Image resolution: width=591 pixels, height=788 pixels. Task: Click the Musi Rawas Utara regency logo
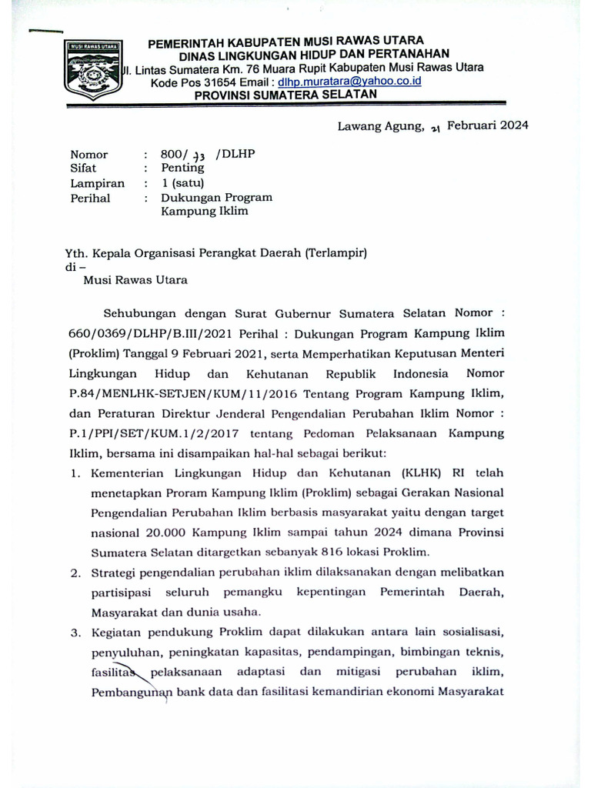[x=92, y=70]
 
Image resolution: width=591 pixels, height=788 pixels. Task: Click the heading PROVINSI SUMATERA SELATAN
[x=285, y=95]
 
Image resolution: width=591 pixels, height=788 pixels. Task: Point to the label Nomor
[x=89, y=154]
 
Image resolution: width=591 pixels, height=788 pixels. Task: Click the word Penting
[x=182, y=167]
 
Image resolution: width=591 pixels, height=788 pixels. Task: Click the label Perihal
[x=90, y=198]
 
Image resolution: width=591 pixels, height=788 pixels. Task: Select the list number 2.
[x=75, y=573]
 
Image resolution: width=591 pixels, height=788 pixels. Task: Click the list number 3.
[x=75, y=633]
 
